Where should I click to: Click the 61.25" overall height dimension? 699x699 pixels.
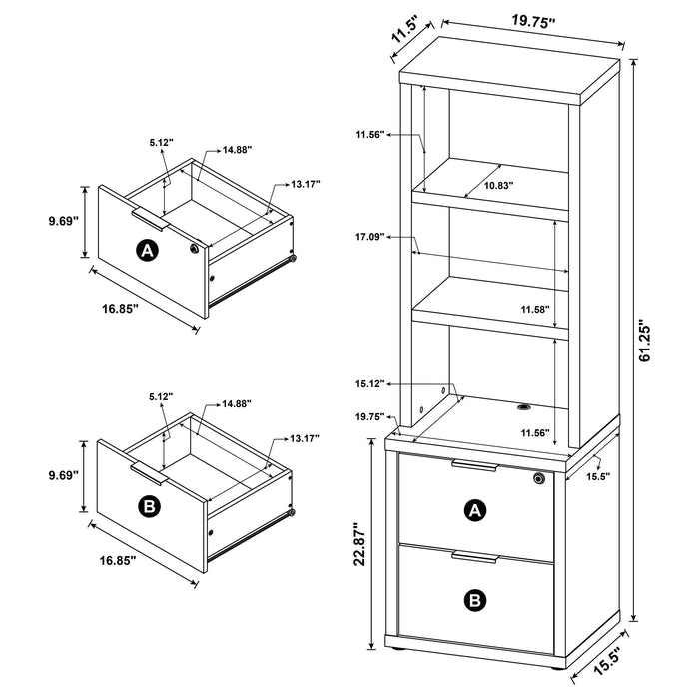tap(647, 344)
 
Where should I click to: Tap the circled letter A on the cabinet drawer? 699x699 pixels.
tap(477, 511)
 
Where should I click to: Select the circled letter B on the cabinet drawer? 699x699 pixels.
tap(477, 599)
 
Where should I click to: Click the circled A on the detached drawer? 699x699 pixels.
tap(148, 251)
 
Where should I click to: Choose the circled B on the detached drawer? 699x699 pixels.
tap(148, 508)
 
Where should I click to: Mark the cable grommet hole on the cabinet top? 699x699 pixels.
tap(522, 406)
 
